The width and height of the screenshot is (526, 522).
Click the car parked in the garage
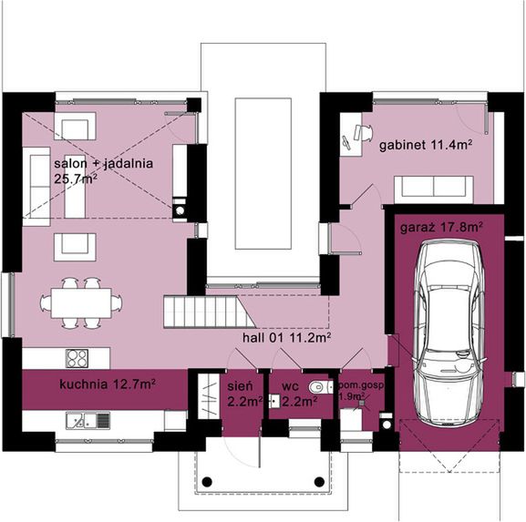(448, 333)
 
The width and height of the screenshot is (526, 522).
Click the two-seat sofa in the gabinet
(432, 188)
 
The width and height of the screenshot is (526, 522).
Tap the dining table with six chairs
(80, 302)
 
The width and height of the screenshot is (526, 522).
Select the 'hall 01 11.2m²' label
(285, 336)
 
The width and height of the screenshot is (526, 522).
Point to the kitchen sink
(81, 420)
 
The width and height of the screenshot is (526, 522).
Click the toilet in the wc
(315, 387)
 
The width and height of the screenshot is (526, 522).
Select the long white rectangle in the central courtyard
(263, 172)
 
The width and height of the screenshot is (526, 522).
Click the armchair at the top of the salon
(72, 125)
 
